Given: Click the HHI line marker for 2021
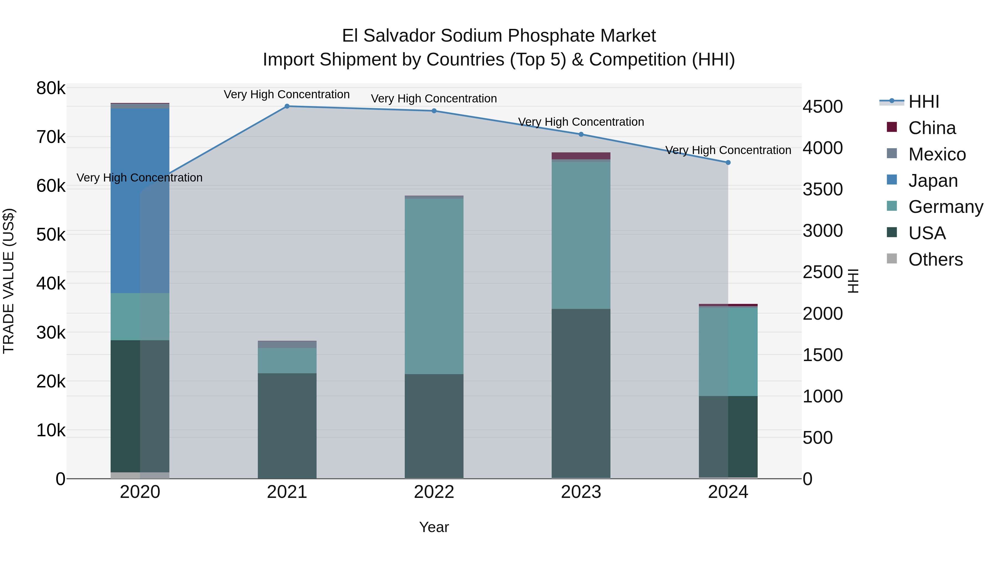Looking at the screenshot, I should (287, 106).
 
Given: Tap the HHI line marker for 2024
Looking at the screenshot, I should (728, 163).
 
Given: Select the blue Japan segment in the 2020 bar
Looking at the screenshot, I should (140, 201).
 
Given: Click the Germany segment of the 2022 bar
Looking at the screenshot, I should (434, 286).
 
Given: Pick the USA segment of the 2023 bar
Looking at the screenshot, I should (581, 393).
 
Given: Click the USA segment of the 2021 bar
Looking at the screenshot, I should (287, 425).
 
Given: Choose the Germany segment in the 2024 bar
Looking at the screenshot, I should (728, 351).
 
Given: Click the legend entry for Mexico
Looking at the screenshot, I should (937, 154).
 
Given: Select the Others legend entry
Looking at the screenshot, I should (935, 259).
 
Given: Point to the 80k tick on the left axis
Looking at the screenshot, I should (51, 89).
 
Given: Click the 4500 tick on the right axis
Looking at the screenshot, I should (823, 107).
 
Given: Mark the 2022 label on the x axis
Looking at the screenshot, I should (434, 492).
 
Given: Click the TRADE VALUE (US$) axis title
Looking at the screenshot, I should (9, 281).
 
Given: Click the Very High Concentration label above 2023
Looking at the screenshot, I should (581, 122).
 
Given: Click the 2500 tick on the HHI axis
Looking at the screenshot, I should (823, 272).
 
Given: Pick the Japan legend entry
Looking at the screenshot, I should (933, 181).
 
